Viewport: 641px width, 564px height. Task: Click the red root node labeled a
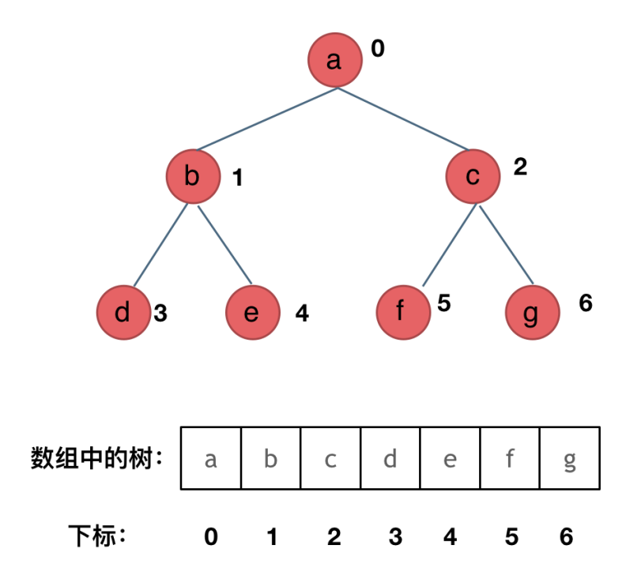click(334, 61)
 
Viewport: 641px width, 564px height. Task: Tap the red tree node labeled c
click(473, 177)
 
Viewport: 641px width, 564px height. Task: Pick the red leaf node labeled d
click(123, 313)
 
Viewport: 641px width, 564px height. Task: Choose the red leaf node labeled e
click(252, 313)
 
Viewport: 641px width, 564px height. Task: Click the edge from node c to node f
click(449, 245)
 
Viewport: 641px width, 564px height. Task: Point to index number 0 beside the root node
click(378, 49)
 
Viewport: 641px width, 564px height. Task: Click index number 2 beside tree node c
click(520, 167)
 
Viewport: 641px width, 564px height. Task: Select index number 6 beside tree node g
click(586, 303)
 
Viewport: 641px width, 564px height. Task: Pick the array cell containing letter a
click(211, 459)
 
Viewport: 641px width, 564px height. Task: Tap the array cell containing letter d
click(390, 459)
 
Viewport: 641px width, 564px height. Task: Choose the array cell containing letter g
click(569, 459)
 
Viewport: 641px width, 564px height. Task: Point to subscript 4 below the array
click(451, 537)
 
